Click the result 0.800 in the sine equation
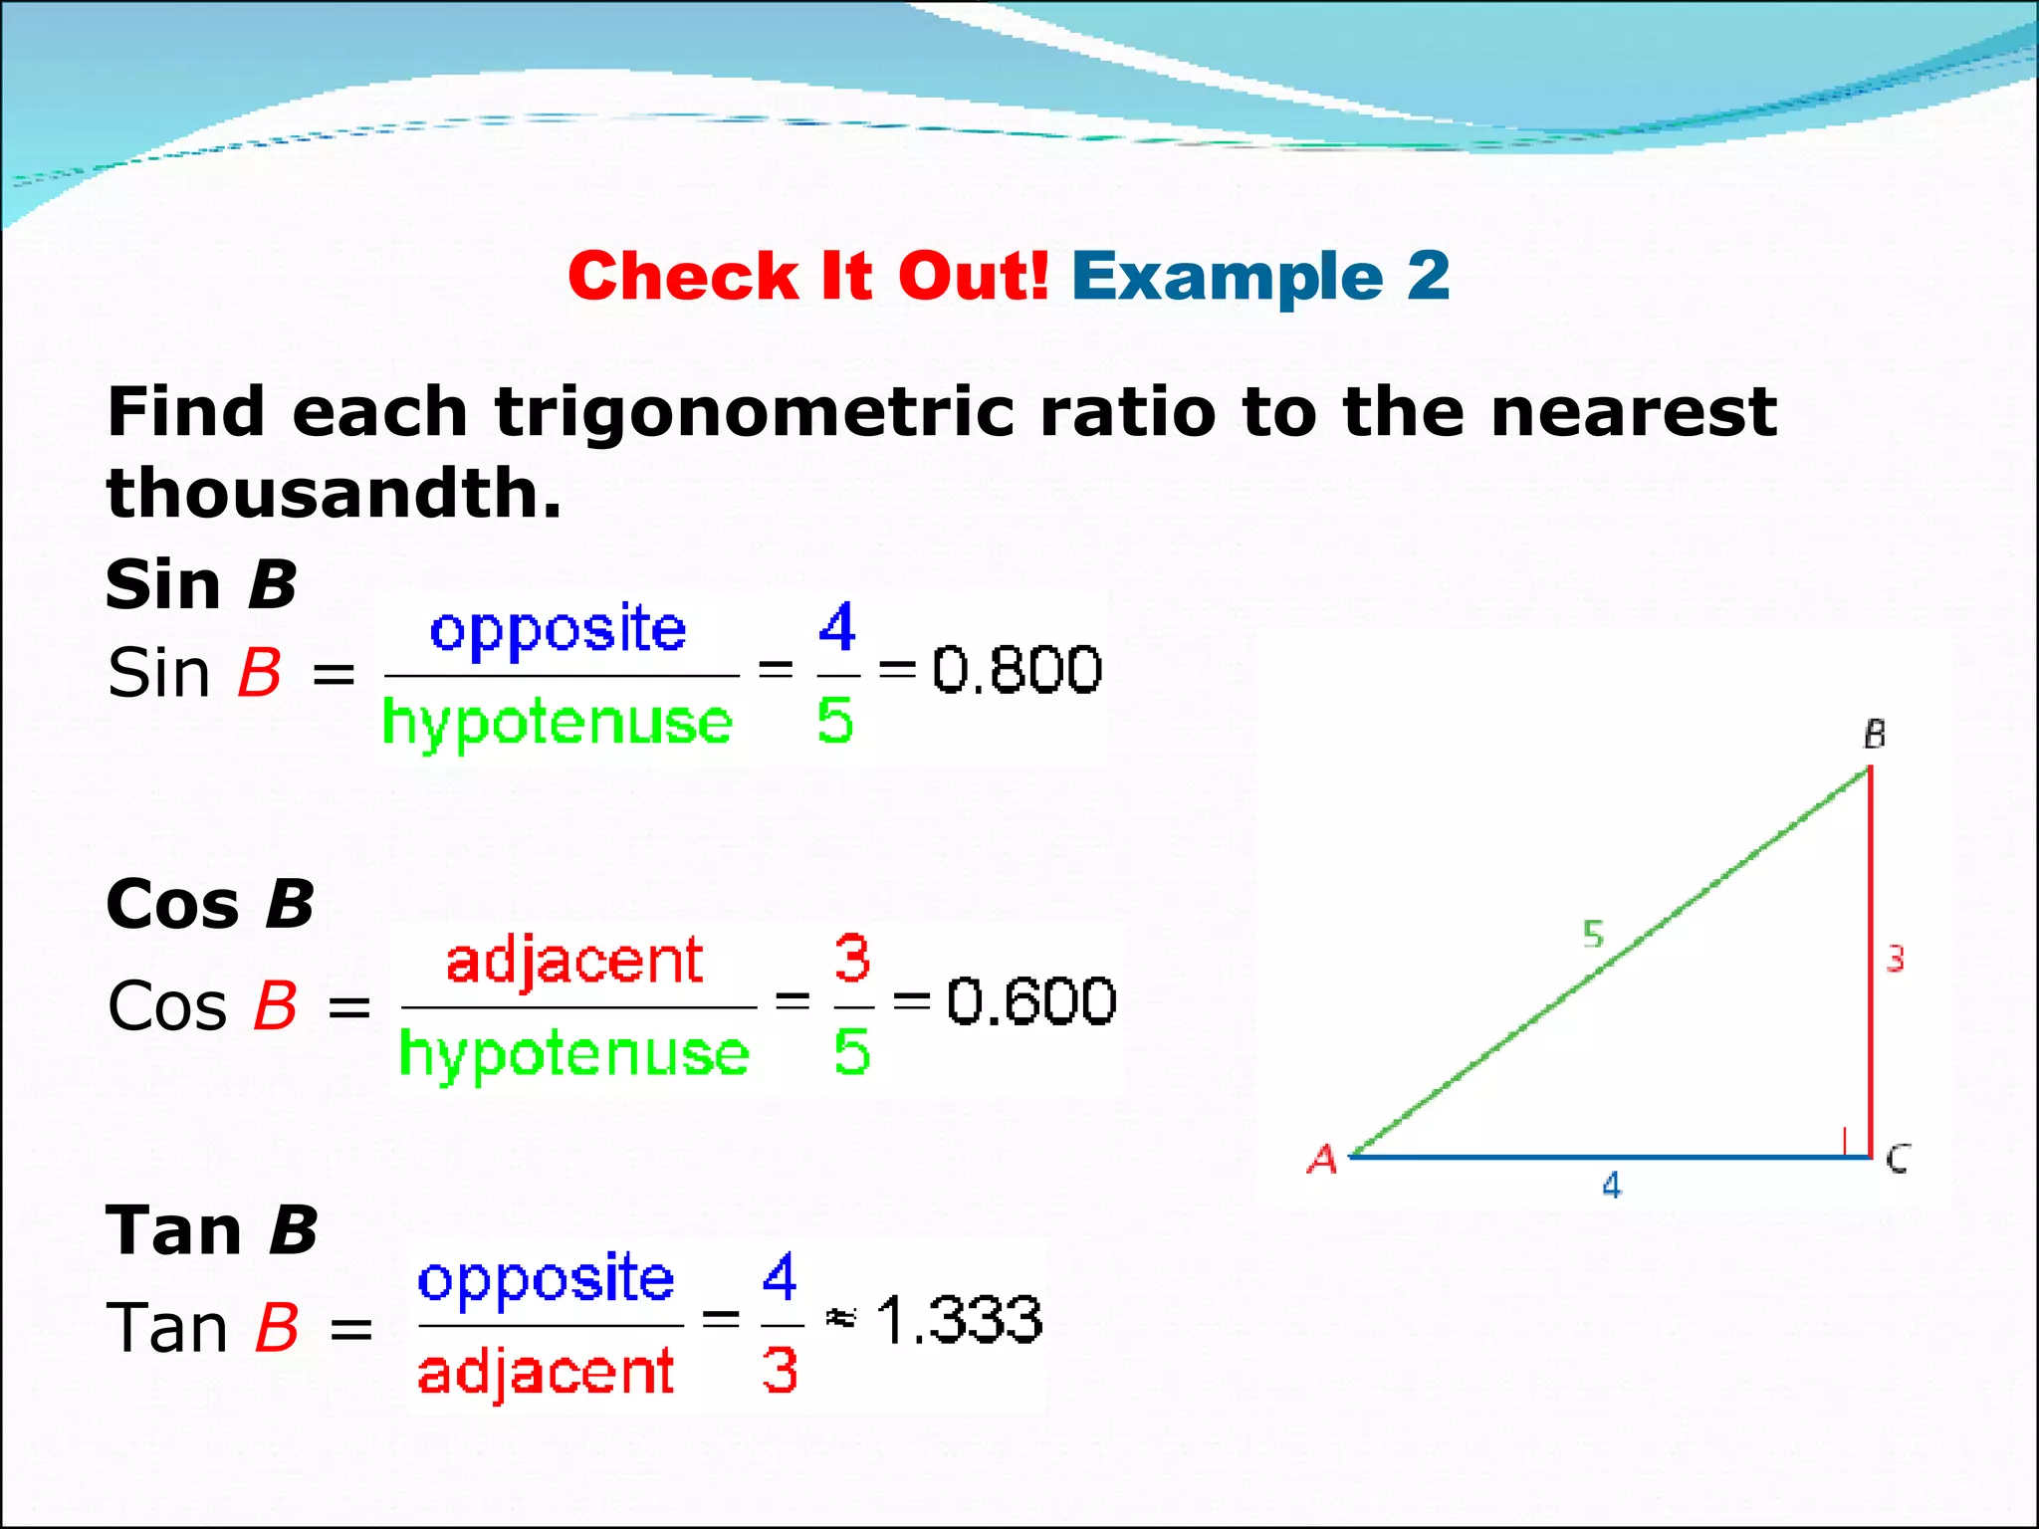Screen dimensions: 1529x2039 tap(1017, 669)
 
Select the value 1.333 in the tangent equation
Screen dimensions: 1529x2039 tap(959, 1320)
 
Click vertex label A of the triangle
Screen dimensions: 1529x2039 tap(1322, 1159)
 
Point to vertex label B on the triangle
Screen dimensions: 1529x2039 tap(1875, 735)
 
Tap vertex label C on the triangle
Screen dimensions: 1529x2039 tap(1898, 1159)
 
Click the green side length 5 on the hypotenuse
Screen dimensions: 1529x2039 tap(1593, 934)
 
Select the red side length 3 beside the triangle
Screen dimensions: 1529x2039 tap(1895, 959)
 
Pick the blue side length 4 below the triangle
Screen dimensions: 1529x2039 tap(1611, 1186)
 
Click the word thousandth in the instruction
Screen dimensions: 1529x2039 tap(334, 493)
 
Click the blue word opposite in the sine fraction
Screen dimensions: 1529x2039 tap(558, 631)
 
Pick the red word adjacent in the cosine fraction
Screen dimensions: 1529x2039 tap(574, 962)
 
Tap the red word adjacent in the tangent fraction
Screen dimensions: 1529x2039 tap(546, 1372)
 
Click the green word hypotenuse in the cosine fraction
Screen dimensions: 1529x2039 tap(573, 1054)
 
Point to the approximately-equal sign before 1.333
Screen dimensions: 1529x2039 tap(840, 1319)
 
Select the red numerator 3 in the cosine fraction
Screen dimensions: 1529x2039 tap(852, 958)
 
